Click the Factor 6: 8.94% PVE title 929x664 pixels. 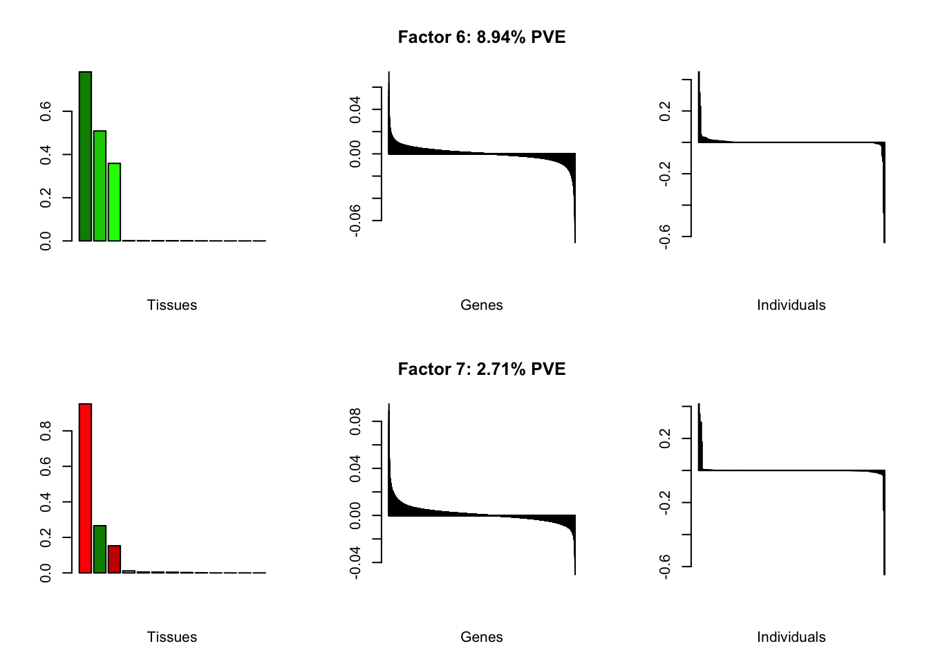click(x=481, y=37)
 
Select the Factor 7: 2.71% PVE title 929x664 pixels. click(x=481, y=369)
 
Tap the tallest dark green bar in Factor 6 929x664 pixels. click(x=85, y=156)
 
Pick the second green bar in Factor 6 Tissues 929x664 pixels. click(x=100, y=185)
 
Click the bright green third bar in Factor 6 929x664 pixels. click(x=114, y=202)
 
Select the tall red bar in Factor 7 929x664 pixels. click(x=85, y=488)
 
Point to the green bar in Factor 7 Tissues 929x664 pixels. click(x=100, y=549)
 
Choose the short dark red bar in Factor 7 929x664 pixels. click(x=114, y=560)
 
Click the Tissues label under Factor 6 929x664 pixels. click(x=172, y=305)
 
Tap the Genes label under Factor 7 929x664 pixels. click(x=481, y=637)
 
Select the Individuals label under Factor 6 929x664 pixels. click(x=791, y=305)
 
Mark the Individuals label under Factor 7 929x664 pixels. click(x=791, y=637)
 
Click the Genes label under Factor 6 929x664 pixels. click(x=481, y=305)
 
